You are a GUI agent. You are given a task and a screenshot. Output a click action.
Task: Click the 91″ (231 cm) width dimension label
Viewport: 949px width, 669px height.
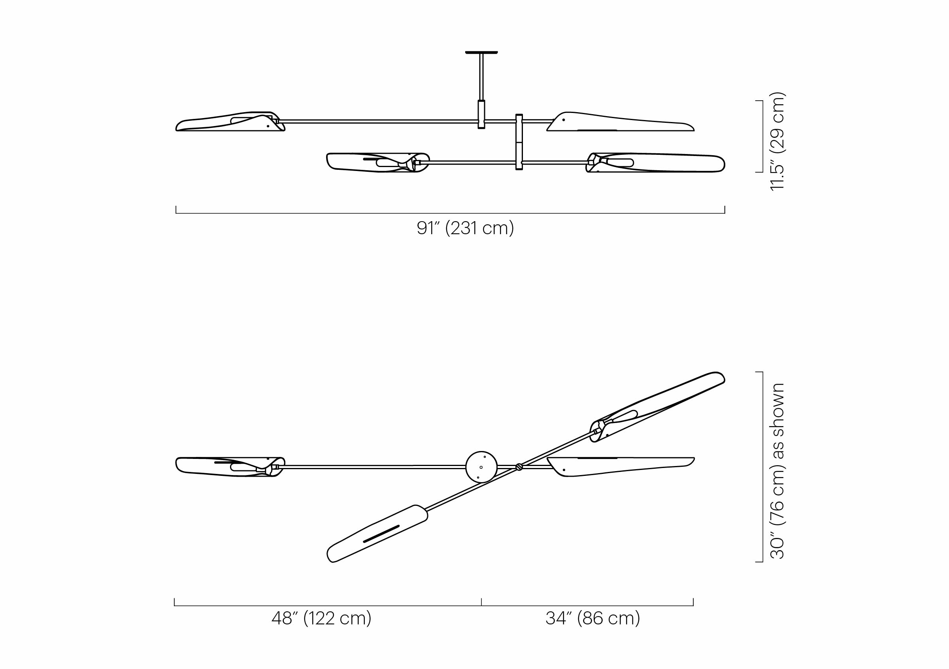pyautogui.click(x=465, y=228)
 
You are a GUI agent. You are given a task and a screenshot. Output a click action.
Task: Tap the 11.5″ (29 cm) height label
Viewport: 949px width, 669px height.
pyautogui.click(x=777, y=141)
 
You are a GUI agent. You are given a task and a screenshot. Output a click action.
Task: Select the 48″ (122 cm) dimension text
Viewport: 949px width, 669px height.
pyautogui.click(x=322, y=618)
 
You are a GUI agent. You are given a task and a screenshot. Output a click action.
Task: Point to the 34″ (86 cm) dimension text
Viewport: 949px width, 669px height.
pyautogui.click(x=593, y=618)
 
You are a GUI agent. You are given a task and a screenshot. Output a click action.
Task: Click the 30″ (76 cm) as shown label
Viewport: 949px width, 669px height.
pyautogui.click(x=777, y=471)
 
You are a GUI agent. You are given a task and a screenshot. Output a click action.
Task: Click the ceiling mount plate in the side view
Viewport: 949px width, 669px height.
pyautogui.click(x=481, y=53)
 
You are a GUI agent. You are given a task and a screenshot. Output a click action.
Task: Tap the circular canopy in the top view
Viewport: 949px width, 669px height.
pyautogui.click(x=481, y=467)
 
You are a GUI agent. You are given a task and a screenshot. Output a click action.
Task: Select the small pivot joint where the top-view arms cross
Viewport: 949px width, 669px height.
pyautogui.click(x=519, y=467)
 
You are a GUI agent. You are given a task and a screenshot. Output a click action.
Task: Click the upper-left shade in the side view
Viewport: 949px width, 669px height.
pyautogui.click(x=230, y=121)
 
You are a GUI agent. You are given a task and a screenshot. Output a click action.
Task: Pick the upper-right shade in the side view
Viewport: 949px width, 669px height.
pyautogui.click(x=620, y=122)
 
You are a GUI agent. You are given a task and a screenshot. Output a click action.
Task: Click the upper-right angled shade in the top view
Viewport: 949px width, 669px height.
pyautogui.click(x=657, y=407)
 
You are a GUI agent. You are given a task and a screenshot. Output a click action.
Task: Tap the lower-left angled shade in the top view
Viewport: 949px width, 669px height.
pyautogui.click(x=377, y=534)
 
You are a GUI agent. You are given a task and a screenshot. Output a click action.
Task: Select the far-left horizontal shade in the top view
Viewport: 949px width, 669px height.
pyautogui.click(x=230, y=467)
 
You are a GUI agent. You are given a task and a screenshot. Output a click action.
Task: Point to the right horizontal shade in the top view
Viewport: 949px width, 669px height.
pyautogui.click(x=620, y=467)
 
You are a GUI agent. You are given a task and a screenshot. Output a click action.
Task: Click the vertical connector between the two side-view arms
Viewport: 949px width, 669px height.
pyautogui.click(x=519, y=142)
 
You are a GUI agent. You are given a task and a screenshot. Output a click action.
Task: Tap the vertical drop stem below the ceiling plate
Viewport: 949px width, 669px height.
pyautogui.click(x=481, y=90)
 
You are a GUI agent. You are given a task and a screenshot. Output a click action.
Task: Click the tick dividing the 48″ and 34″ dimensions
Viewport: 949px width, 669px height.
pyautogui.click(x=481, y=602)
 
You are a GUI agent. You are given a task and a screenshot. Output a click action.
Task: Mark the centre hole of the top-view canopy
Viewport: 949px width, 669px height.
pyautogui.click(x=481, y=468)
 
